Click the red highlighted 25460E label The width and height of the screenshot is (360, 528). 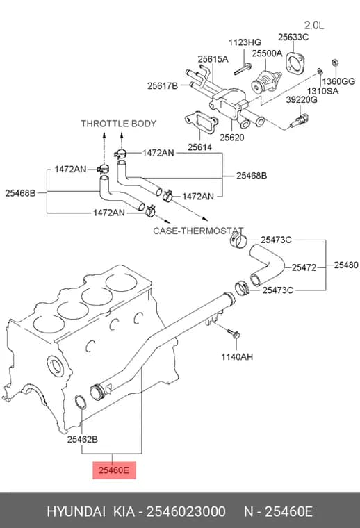click(114, 470)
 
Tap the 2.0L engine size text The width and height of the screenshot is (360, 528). click(314, 25)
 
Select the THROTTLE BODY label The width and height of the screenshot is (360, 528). click(119, 124)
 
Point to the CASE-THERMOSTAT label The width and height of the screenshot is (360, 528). click(198, 231)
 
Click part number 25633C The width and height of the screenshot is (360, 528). click(293, 37)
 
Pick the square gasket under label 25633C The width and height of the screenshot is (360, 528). click(295, 63)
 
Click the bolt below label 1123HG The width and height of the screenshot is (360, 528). click(243, 69)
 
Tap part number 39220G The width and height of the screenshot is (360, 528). click(302, 100)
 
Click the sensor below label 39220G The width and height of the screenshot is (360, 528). click(299, 121)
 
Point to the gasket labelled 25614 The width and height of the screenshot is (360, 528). click(201, 122)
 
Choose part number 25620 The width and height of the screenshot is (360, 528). click(231, 138)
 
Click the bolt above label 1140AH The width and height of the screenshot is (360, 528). click(234, 333)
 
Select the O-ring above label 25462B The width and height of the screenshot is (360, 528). click(81, 402)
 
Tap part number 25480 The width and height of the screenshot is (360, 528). click(346, 265)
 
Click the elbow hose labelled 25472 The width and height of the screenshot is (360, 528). click(267, 265)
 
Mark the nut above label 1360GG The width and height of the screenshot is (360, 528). click(335, 63)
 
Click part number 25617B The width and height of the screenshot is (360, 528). click(163, 86)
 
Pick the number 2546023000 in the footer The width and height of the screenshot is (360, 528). click(186, 512)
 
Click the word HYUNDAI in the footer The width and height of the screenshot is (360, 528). click(76, 512)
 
